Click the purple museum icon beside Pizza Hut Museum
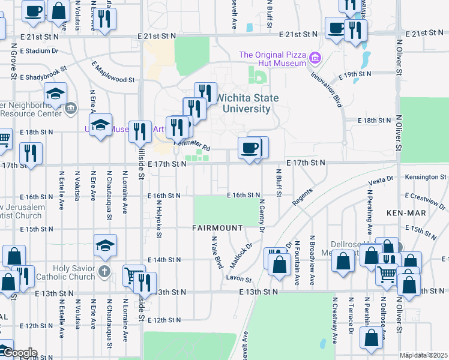315,59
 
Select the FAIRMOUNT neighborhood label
217,228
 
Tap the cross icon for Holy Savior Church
105,271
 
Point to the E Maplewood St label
113,72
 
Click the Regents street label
303,199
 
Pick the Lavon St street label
238,278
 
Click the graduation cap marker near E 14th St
105,245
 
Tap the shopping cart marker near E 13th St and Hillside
134,275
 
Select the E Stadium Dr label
38,52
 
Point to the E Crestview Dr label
426,200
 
